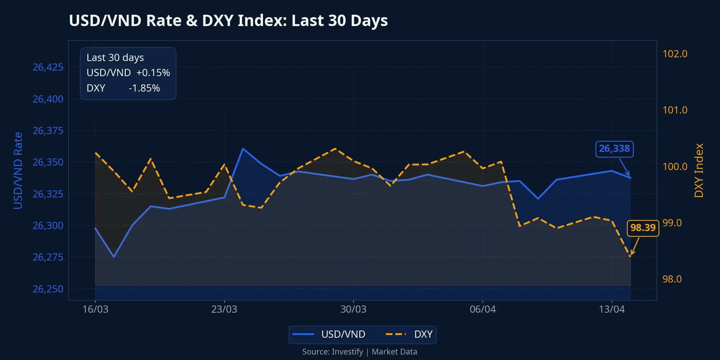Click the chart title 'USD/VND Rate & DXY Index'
(228, 21)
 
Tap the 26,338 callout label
(614, 149)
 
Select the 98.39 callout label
(643, 228)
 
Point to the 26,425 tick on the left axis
(48, 67)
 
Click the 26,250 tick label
(48, 289)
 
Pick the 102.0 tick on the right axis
(675, 54)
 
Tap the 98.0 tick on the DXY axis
(672, 279)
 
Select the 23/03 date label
(224, 309)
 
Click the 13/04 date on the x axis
(612, 309)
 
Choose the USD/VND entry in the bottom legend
(343, 334)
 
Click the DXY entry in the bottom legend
(423, 334)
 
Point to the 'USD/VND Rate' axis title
(18, 170)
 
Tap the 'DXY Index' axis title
(698, 170)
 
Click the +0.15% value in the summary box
(153, 73)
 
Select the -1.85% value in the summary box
(144, 88)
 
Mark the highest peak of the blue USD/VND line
(243, 148)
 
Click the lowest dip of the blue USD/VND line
(114, 257)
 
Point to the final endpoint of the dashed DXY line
(630, 256)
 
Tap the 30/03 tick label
(353, 309)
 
